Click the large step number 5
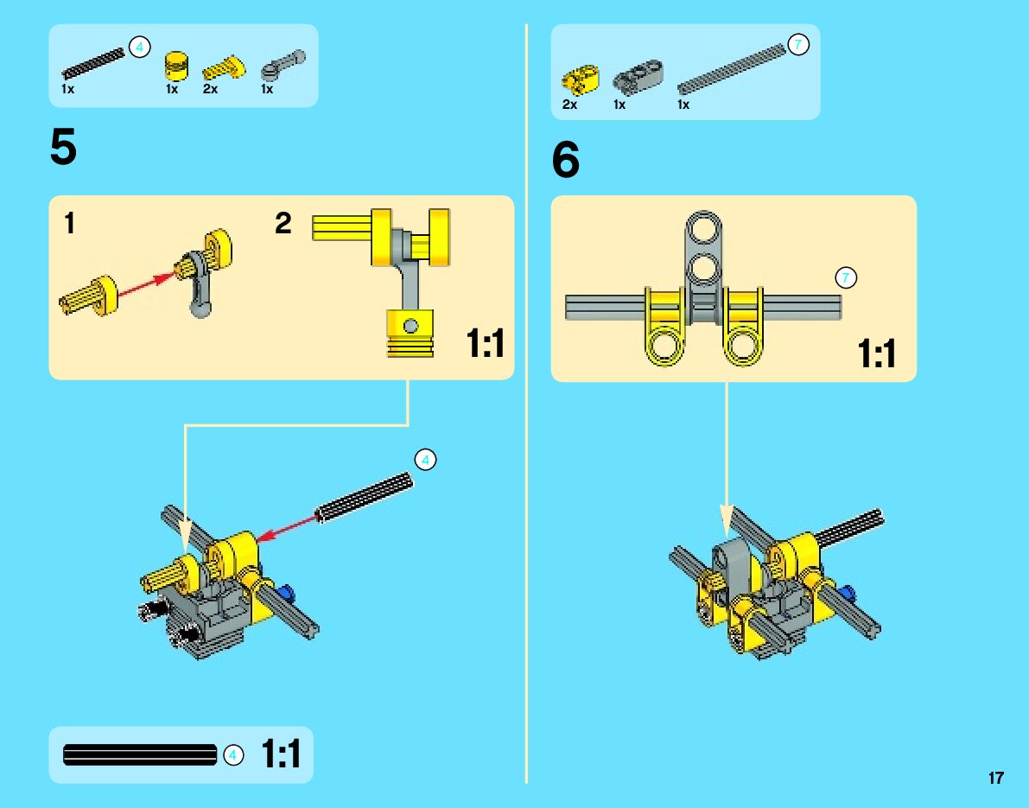[x=63, y=149]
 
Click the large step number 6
[x=566, y=161]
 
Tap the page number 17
[x=996, y=778]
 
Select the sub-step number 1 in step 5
[x=69, y=225]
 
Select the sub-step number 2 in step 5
[x=283, y=225]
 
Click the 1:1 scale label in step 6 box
[x=877, y=353]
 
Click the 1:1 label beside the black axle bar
[x=281, y=754]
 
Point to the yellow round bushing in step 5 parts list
[x=176, y=64]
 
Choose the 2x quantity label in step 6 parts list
[x=569, y=105]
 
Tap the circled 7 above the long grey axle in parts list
[x=798, y=45]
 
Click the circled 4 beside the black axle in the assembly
[x=424, y=460]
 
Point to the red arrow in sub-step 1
[x=147, y=287]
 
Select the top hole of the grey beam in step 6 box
[x=705, y=229]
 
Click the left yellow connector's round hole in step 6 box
[x=666, y=348]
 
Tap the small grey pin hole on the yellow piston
[x=411, y=326]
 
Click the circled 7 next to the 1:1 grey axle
[x=846, y=277]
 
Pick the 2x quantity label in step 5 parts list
[x=210, y=89]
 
